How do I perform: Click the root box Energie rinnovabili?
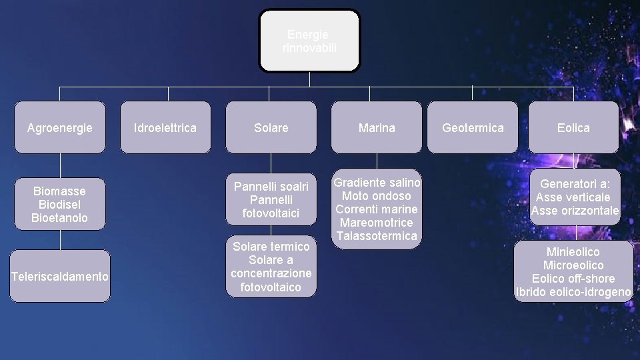[x=309, y=41]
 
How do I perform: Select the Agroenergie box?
[x=60, y=127]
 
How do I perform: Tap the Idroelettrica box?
[x=165, y=127]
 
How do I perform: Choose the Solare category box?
[x=271, y=127]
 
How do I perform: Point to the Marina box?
[x=377, y=127]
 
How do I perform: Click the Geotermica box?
[x=473, y=127]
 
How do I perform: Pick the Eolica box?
[x=573, y=127]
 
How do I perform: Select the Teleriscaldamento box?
[x=60, y=276]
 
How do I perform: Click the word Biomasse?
[x=60, y=191]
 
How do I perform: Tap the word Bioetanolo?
[x=60, y=217]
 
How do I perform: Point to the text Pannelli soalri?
[x=271, y=187]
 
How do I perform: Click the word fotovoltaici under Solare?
[x=271, y=213]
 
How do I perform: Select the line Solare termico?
[x=271, y=247]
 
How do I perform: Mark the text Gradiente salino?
[x=377, y=183]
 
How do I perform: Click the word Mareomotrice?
[x=377, y=223]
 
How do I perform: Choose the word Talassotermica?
[x=377, y=236]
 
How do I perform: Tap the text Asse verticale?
[x=573, y=197]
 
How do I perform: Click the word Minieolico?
[x=573, y=252]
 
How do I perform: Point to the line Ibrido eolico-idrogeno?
[x=573, y=292]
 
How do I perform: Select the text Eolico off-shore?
[x=573, y=279]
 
